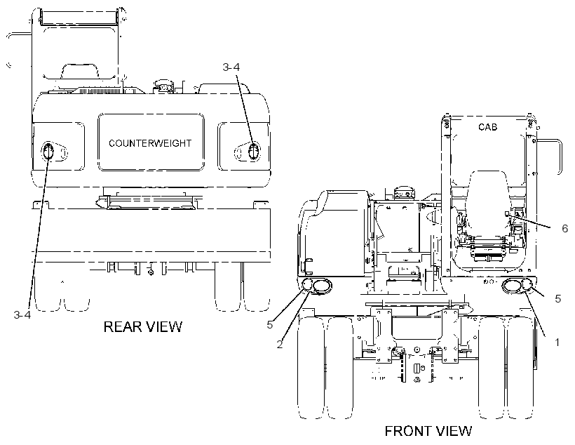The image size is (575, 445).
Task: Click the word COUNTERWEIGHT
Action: pos(150,143)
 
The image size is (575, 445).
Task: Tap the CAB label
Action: pos(488,127)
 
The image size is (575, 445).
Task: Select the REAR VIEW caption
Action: pos(142,327)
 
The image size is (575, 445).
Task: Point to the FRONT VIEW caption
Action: pos(428,431)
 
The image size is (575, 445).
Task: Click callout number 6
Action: pos(564,229)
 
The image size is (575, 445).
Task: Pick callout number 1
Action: pos(557,343)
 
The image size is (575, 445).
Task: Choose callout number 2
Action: pos(280,345)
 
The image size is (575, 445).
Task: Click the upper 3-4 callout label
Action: pos(231,67)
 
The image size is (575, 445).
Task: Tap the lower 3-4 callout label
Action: pos(22,315)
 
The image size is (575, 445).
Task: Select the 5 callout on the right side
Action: pos(557,299)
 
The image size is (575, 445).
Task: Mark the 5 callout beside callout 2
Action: pos(270,324)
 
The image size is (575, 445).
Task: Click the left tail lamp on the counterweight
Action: pos(48,152)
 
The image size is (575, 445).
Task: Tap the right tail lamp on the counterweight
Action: pos(253,151)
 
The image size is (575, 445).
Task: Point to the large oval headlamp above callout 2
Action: pos(321,286)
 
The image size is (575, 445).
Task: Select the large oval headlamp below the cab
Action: pos(512,286)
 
